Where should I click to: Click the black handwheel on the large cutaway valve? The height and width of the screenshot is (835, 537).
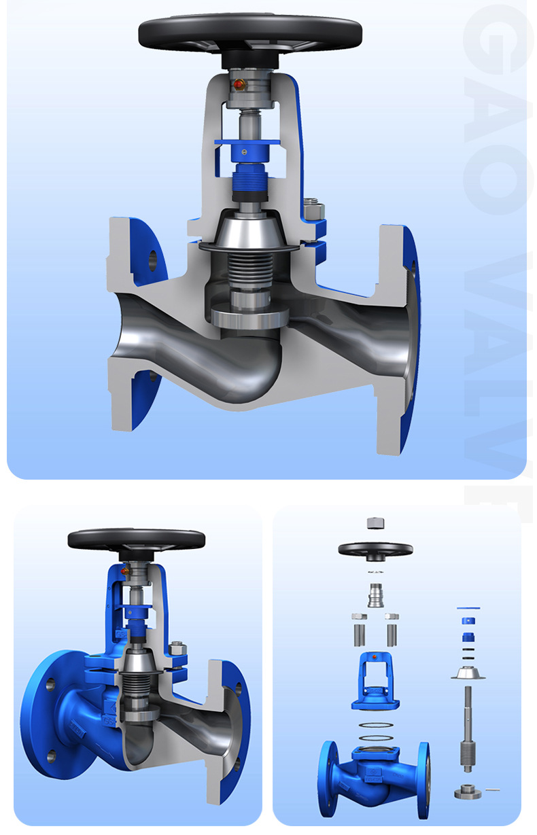249,31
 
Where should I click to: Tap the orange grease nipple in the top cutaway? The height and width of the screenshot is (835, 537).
237,85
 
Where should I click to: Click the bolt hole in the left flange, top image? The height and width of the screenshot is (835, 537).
152,259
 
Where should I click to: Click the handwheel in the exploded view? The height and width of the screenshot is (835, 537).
375,549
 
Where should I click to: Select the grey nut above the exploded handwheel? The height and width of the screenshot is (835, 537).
375,523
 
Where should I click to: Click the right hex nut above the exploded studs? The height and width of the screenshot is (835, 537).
392,616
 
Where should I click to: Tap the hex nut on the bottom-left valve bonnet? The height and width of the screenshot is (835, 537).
178,649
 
